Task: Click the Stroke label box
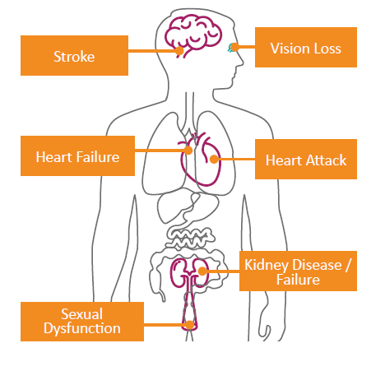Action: [74, 55]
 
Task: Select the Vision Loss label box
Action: [306, 47]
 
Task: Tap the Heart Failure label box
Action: [77, 155]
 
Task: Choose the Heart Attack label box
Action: [306, 159]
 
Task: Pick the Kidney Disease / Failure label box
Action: [298, 271]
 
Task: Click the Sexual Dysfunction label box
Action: [82, 322]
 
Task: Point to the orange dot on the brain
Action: [179, 51]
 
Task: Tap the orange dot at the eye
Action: [234, 47]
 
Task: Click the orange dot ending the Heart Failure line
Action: [188, 150]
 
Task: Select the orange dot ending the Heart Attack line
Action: [214, 160]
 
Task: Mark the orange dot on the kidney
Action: [202, 271]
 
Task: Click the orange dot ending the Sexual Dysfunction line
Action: [190, 325]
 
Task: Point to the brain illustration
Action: [193, 35]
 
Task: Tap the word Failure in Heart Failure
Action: [98, 157]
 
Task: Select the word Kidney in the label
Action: [267, 266]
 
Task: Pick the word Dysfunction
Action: [82, 328]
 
